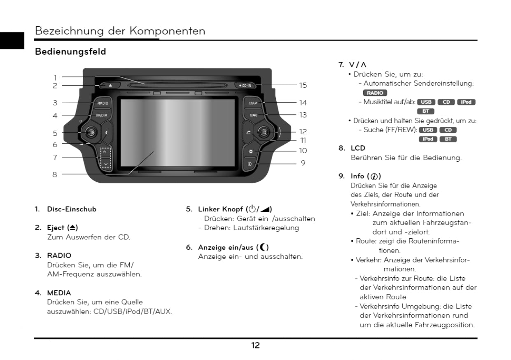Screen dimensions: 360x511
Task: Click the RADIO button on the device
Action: [x=103, y=103]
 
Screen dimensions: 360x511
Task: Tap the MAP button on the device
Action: [x=253, y=103]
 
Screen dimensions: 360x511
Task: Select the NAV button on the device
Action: [x=253, y=115]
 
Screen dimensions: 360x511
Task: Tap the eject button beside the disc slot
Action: [x=110, y=86]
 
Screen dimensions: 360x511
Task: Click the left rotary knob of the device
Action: [x=90, y=132]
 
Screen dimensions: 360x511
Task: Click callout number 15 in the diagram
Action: [x=303, y=86]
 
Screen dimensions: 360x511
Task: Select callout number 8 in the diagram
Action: [x=55, y=174]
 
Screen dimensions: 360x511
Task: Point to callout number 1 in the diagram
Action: [x=55, y=77]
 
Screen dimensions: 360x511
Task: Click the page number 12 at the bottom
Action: [x=255, y=346]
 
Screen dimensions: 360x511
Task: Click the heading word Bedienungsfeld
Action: [x=70, y=52]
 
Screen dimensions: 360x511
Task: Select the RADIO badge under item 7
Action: [x=375, y=93]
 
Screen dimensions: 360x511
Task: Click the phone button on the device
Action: [x=248, y=132]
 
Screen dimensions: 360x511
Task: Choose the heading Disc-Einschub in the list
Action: [x=72, y=209]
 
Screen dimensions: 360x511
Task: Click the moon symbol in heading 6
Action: [x=264, y=247]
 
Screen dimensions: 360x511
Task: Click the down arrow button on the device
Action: [x=106, y=164]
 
